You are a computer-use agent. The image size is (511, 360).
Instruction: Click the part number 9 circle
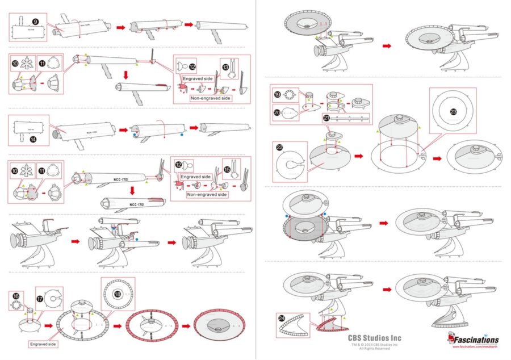[35, 22]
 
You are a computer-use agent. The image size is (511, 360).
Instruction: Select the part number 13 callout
[225, 67]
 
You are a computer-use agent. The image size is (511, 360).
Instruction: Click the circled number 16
[16, 296]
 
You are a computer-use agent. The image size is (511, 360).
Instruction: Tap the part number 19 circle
[278, 95]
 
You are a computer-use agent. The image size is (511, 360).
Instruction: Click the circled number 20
[278, 114]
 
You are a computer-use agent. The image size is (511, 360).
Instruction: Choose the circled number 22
[279, 146]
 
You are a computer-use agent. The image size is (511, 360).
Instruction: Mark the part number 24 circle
[282, 319]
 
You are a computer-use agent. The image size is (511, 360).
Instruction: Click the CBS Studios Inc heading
[374, 337]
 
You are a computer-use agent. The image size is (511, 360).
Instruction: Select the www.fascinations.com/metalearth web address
[475, 347]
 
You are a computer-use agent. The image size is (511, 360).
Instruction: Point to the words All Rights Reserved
[374, 348]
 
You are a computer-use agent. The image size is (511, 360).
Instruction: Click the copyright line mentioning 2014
[374, 344]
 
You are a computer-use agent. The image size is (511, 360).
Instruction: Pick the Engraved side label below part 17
[43, 344]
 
